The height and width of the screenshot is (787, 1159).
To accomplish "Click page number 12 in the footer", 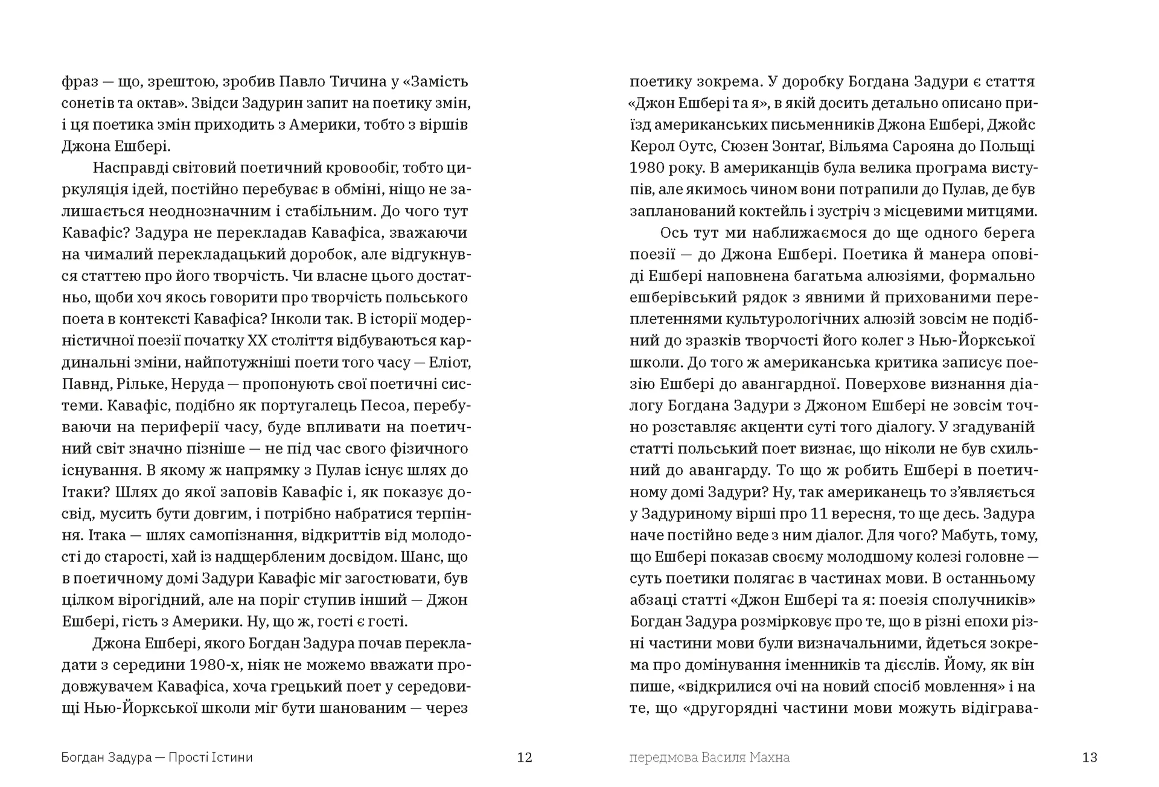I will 525,757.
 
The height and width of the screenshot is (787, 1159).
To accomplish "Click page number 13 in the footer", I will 1090,757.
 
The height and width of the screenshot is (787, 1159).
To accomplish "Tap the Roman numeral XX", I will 258,341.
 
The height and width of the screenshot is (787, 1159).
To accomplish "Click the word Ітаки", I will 82,492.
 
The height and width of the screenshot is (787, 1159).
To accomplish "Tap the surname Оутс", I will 692,146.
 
